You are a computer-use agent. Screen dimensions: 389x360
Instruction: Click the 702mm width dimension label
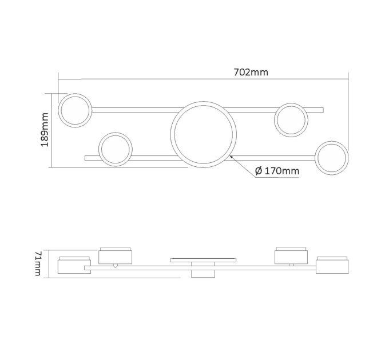[x=251, y=73]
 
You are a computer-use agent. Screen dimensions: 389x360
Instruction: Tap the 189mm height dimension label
[x=45, y=130]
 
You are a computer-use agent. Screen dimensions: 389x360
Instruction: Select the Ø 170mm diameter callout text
[x=277, y=171]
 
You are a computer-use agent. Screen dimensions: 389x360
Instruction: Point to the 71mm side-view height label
[x=38, y=263]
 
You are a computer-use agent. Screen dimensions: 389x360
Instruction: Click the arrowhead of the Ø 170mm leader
[x=232, y=157]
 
